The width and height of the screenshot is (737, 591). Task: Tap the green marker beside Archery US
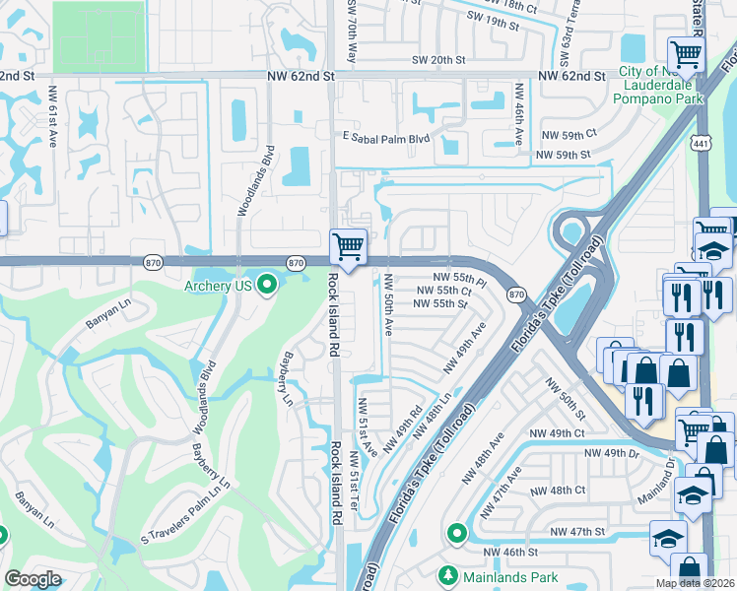(266, 287)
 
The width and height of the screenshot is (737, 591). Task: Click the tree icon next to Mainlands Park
(449, 574)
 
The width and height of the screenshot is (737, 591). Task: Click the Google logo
(33, 579)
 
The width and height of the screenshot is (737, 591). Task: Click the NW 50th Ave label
(388, 302)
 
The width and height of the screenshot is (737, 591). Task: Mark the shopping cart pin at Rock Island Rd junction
(347, 246)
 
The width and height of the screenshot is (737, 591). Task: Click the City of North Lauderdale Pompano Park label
(661, 85)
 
